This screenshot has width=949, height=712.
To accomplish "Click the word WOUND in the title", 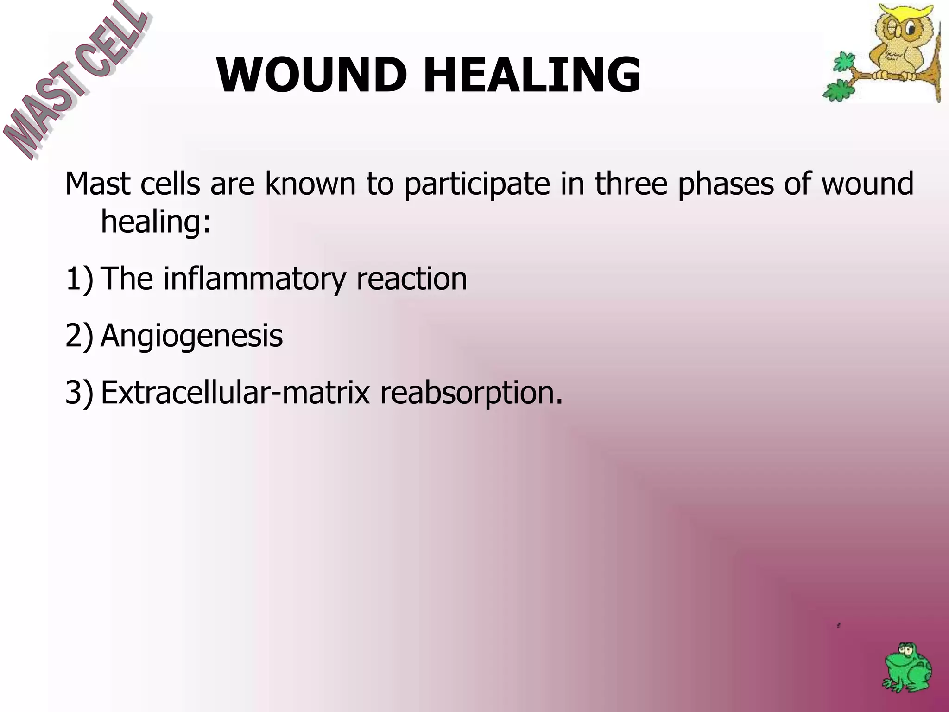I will pyautogui.click(x=311, y=75).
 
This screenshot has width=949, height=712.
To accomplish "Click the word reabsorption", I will pyautogui.click(x=471, y=393).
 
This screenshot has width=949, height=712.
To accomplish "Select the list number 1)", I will pyautogui.click(x=79, y=279).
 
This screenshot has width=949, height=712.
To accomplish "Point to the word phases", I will pyautogui.click(x=726, y=184).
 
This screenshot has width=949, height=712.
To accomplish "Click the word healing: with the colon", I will pyautogui.click(x=156, y=222).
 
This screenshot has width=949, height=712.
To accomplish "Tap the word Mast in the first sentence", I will pyautogui.click(x=97, y=183).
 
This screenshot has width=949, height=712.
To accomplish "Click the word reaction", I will pyautogui.click(x=411, y=279).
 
